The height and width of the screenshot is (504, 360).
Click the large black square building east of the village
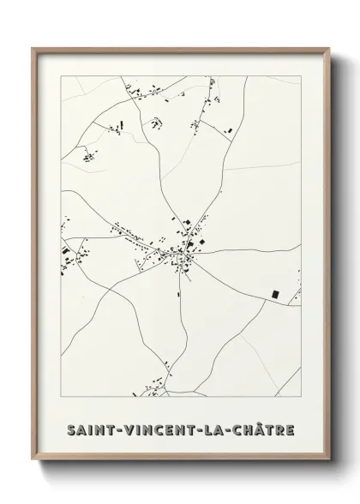275,294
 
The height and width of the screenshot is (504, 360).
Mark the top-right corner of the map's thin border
301,75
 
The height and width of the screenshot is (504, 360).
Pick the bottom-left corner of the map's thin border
61,396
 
